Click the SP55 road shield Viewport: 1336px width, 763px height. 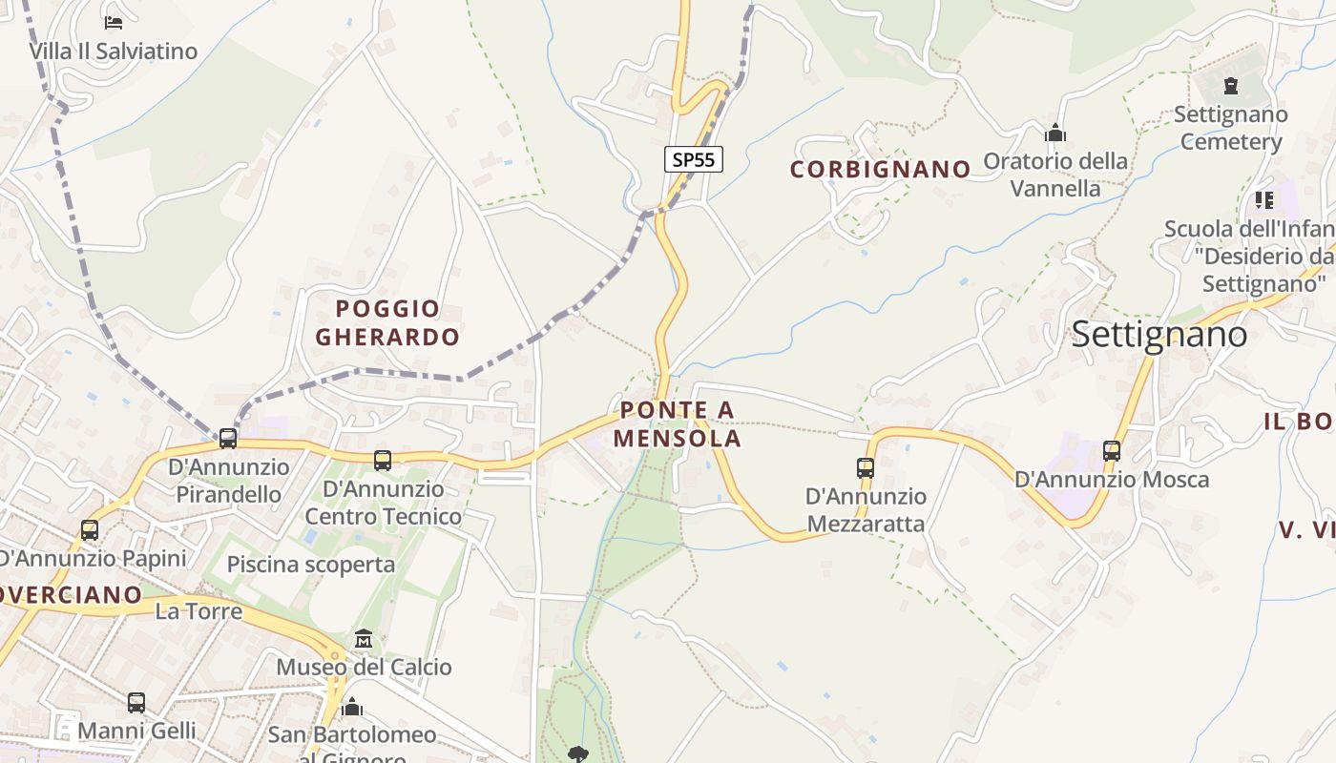point(694,159)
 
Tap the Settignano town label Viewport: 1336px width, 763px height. point(1159,335)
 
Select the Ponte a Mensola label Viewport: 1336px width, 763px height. point(678,424)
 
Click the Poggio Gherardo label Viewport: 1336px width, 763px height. point(387,322)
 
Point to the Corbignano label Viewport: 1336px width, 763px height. point(880,170)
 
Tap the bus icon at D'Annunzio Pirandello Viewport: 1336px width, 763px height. point(227,438)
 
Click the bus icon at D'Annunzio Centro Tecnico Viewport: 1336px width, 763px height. point(383,461)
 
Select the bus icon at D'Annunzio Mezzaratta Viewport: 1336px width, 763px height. point(866,468)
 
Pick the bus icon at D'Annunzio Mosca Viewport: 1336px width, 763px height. point(1112,451)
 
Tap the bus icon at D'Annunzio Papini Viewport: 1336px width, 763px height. point(90,529)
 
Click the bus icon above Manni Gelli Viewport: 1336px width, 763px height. point(136,703)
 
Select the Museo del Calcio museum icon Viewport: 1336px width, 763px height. point(364,638)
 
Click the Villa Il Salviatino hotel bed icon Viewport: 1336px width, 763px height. point(114,22)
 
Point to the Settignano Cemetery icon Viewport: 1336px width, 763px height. point(1231,87)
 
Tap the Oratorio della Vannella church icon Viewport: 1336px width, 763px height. point(1055,133)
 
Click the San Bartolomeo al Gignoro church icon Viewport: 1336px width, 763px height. point(352,707)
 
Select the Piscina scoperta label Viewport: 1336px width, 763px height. point(310,565)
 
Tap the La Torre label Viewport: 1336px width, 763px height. point(198,611)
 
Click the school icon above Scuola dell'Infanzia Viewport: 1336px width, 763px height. point(1264,200)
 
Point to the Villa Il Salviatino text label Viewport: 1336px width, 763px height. point(113,52)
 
